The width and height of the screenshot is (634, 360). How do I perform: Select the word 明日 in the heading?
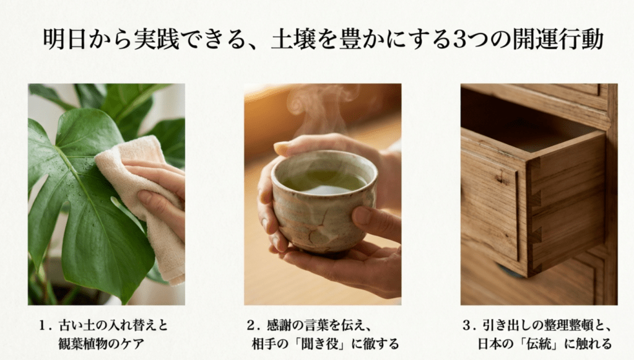(63, 39)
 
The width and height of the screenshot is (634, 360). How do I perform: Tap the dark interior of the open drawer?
(514, 124)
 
